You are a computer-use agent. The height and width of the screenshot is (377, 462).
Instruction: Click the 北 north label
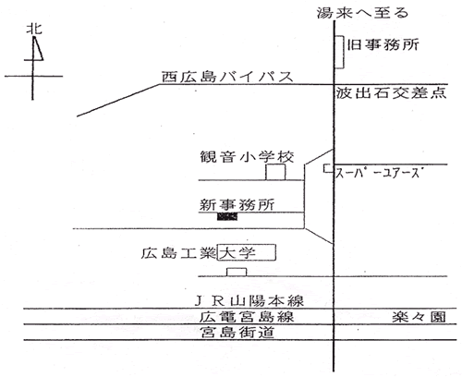(34, 29)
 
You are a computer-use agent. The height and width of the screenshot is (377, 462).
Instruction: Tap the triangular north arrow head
(37, 49)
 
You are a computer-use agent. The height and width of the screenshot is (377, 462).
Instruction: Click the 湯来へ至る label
(362, 13)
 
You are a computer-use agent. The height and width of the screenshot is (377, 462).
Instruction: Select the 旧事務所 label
(383, 45)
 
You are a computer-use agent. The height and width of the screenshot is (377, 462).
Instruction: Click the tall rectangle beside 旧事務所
(339, 52)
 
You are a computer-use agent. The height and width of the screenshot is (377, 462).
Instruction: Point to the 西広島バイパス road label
(227, 77)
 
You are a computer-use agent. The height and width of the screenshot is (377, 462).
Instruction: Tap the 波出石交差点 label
(391, 92)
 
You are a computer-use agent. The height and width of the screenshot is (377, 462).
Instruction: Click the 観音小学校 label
(247, 156)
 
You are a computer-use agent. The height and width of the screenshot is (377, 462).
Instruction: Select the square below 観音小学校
(275, 172)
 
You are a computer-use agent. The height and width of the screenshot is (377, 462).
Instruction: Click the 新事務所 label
(237, 205)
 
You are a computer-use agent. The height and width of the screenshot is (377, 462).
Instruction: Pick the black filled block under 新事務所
(227, 217)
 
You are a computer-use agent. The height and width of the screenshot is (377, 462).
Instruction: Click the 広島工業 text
(178, 253)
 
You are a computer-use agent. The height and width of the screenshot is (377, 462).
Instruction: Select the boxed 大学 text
(237, 253)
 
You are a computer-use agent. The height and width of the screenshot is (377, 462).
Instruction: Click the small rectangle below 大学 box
(237, 273)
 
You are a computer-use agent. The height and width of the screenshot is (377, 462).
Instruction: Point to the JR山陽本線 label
(249, 301)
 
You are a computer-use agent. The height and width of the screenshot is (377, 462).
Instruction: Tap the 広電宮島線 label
(247, 317)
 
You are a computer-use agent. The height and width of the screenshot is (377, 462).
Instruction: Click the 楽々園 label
(419, 317)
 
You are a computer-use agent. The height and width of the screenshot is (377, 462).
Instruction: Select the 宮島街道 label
(237, 333)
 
